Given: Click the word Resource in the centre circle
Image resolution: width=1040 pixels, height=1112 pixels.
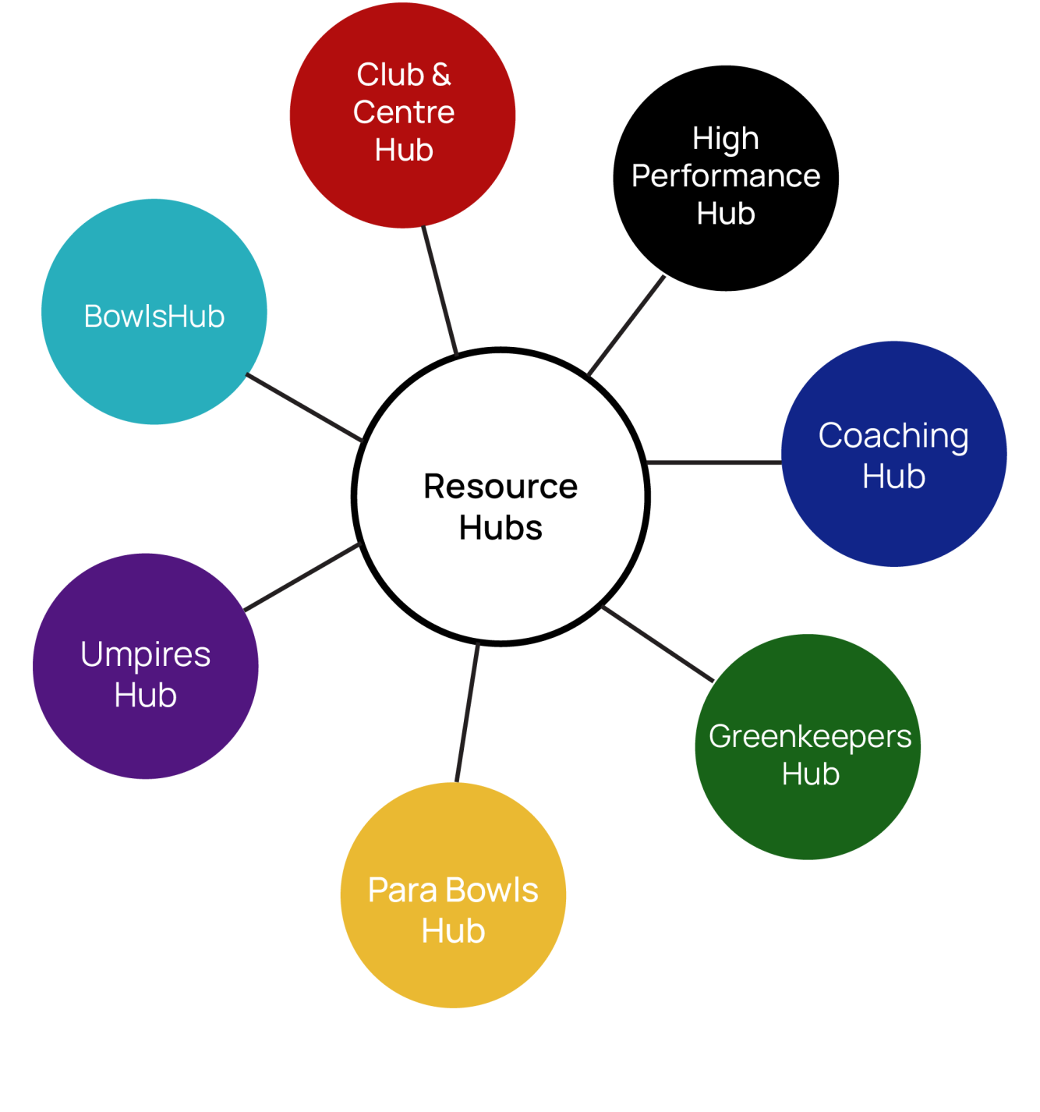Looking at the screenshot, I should point(501,487).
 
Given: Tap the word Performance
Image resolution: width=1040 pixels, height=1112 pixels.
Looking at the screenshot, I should point(726,176).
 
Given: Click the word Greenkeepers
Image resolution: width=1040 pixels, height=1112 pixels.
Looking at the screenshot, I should point(810,737).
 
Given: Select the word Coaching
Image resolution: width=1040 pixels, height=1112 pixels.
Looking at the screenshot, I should point(893,436).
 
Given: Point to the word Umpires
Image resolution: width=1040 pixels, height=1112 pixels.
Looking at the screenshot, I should point(146,654).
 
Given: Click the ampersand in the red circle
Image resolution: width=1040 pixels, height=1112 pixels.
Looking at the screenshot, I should point(441,75).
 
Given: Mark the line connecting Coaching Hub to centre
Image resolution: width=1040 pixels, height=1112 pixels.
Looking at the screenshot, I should point(713,462).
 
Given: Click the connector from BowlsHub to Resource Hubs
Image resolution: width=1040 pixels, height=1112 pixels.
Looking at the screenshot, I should point(305,408).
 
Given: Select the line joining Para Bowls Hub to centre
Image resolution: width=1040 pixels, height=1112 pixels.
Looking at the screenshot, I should point(467,711).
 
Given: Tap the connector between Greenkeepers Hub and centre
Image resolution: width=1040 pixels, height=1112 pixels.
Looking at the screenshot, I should point(657,643).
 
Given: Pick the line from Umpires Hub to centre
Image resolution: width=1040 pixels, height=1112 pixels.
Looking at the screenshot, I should point(302,576).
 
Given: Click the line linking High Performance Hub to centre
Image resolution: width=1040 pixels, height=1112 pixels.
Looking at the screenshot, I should point(625,326).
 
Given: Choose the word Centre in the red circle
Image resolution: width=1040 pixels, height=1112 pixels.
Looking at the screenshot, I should point(404,112).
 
